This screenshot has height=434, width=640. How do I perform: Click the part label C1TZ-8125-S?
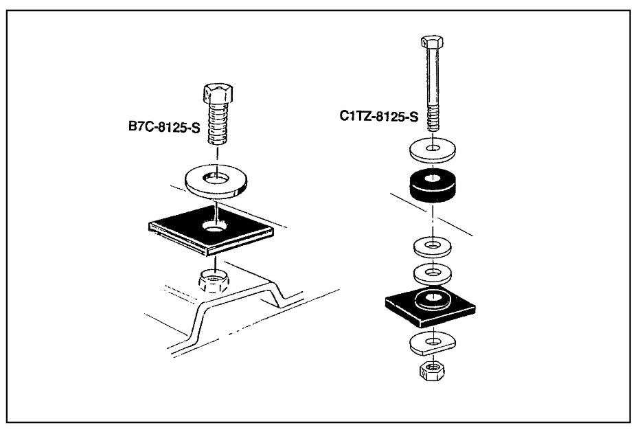pyautogui.click(x=378, y=116)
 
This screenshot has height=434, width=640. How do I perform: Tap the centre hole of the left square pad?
pyautogui.click(x=216, y=227)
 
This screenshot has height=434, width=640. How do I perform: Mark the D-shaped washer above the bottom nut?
pyautogui.click(x=415, y=342)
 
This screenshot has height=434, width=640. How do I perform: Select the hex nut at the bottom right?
pyautogui.click(x=433, y=371)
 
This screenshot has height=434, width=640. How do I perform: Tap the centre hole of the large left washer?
pyautogui.click(x=218, y=179)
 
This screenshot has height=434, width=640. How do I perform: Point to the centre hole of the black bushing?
pyautogui.click(x=433, y=179)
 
